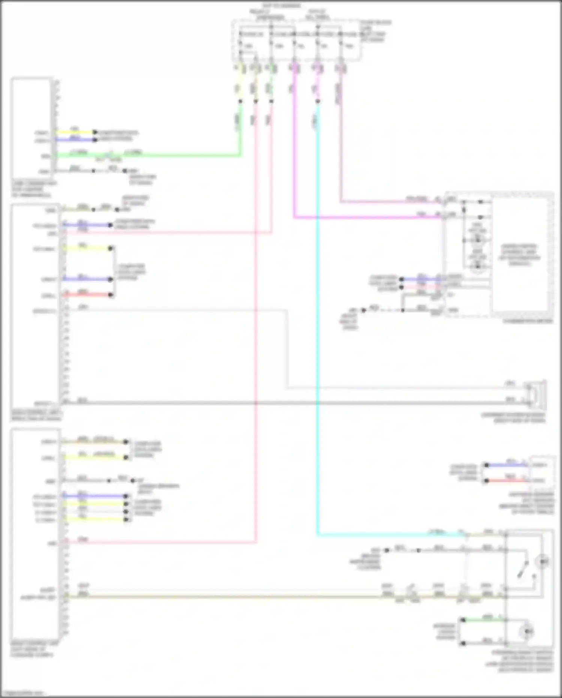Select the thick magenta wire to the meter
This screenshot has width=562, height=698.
coord(367,217)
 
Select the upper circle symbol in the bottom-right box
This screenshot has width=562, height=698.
coord(543,561)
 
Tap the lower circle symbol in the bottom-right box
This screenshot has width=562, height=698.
coord(526,632)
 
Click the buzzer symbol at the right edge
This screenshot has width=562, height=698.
coord(537,395)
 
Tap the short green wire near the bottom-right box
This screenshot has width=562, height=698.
coord(483,620)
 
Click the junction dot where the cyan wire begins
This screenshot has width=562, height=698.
coord(318,102)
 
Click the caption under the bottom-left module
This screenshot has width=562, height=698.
coord(35,649)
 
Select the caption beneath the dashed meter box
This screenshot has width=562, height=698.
coord(528,321)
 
